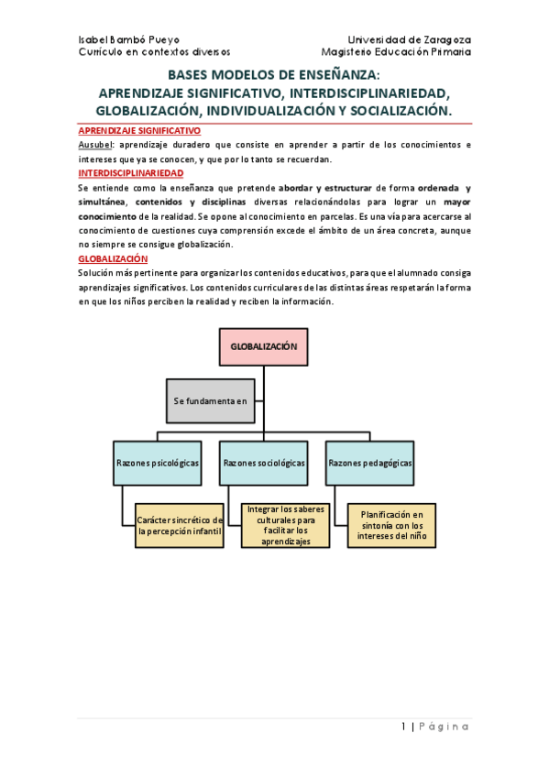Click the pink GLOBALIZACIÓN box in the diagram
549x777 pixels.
point(264,346)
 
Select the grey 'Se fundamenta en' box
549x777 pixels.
point(211,400)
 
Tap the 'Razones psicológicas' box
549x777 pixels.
point(158,464)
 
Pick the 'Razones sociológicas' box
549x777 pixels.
point(264,464)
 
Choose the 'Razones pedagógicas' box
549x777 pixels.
point(370,464)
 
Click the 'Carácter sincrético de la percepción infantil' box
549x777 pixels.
point(180,526)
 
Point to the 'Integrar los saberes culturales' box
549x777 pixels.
point(287,526)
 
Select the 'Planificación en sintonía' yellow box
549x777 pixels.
point(392,526)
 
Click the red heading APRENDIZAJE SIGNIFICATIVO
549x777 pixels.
point(139,131)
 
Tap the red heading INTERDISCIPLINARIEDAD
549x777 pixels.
point(131,172)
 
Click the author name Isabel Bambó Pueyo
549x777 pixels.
point(129,40)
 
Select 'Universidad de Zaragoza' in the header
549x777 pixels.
point(410,40)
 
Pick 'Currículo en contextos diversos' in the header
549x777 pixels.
point(155,52)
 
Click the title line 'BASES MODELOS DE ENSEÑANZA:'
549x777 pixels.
point(274,77)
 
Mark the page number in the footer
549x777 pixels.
point(404,727)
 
